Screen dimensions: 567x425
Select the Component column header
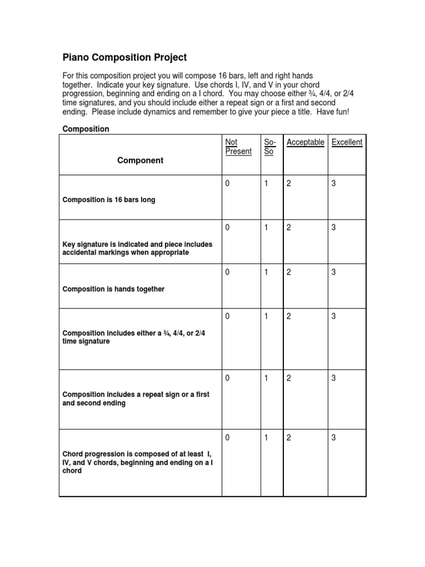140,161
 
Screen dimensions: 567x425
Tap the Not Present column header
239,147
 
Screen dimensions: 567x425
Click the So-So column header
269,147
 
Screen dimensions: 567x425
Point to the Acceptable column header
305,142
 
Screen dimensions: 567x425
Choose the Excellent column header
347,142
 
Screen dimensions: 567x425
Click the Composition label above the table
86,129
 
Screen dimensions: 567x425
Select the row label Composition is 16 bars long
109,200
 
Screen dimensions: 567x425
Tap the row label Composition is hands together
113,289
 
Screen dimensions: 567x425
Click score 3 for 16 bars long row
334,183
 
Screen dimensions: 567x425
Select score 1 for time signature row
266,316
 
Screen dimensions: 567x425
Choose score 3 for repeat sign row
334,378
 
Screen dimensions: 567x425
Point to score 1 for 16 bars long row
266,183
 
